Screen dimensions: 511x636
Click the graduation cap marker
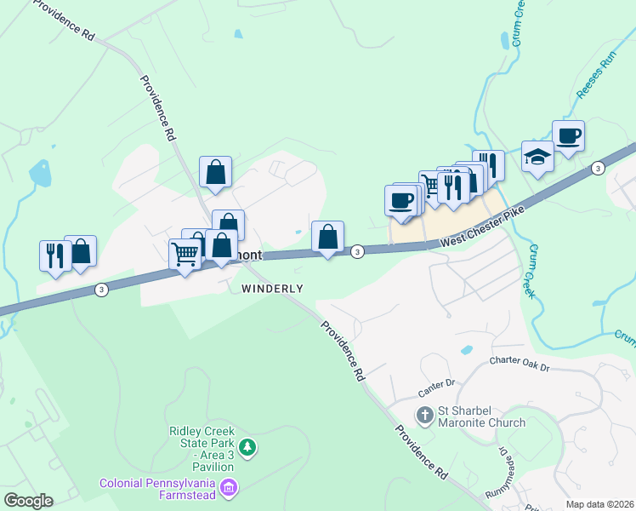pyautogui.click(x=537, y=157)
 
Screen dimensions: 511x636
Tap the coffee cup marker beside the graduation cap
pyautogui.click(x=568, y=135)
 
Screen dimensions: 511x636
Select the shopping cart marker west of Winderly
pyautogui.click(x=185, y=253)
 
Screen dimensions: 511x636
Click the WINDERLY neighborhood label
pyautogui.click(x=272, y=288)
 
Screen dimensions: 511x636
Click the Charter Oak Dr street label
pyautogui.click(x=520, y=365)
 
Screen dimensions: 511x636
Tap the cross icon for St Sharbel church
pyautogui.click(x=425, y=416)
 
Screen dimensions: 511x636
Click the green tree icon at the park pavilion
pyautogui.click(x=247, y=446)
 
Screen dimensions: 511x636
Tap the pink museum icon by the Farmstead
pyautogui.click(x=228, y=488)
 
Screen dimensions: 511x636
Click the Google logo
pyautogui.click(x=28, y=501)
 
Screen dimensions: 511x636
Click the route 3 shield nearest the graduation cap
pyautogui.click(x=598, y=168)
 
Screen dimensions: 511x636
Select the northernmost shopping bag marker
pyautogui.click(x=216, y=172)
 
